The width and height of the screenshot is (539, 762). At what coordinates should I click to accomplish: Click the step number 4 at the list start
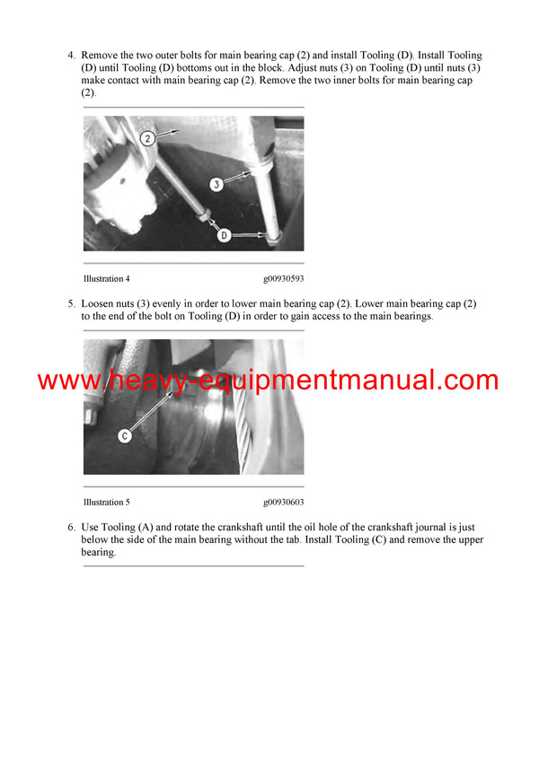71,56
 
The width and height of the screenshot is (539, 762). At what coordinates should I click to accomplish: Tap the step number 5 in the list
71,303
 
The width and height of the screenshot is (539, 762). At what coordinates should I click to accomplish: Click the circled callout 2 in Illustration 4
148,137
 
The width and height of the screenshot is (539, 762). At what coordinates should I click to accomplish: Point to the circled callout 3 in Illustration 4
216,184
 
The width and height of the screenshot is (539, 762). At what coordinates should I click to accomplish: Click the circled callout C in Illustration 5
125,436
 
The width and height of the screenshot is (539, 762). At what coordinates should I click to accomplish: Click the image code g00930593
283,279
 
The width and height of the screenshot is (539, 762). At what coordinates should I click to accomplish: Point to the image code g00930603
283,503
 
